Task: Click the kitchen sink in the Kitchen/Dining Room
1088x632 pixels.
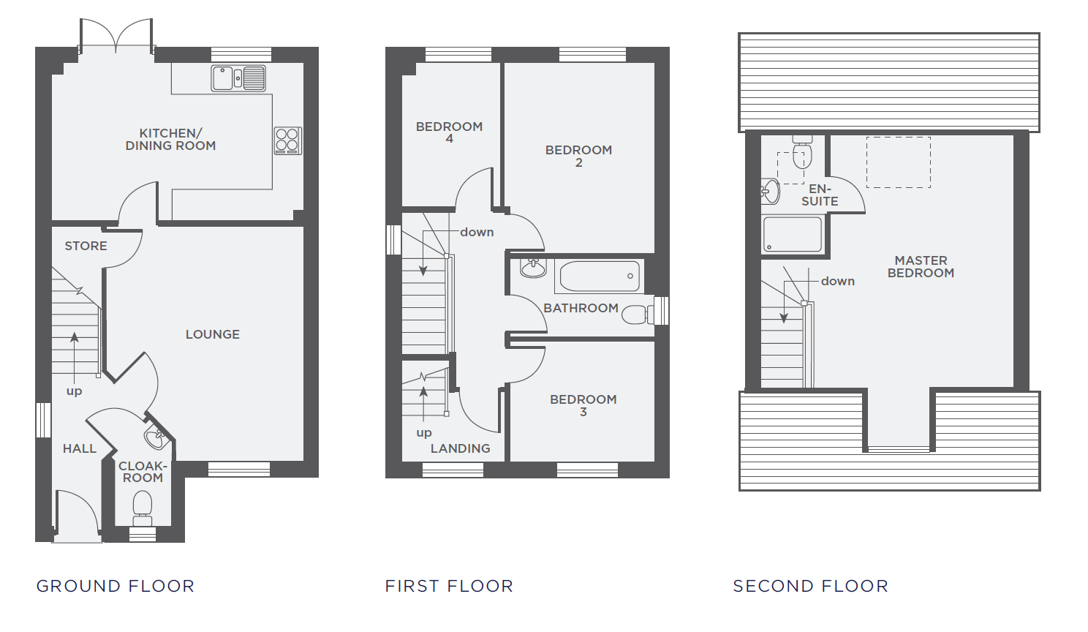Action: coord(238,78)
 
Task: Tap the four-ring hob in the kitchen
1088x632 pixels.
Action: coord(287,140)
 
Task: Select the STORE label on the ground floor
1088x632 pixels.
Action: coord(86,247)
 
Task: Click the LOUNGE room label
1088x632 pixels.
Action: coord(212,334)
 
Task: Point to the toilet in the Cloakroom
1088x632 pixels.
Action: coord(142,507)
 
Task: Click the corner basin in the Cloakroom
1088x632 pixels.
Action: coord(156,439)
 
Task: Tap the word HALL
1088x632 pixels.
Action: coord(79,449)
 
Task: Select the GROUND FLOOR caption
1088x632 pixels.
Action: coord(116,586)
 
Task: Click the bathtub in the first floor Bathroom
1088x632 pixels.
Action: coord(600,276)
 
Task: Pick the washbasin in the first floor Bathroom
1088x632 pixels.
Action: coord(533,268)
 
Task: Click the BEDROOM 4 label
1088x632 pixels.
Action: coord(449,132)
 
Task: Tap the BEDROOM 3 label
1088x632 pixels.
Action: coord(583,405)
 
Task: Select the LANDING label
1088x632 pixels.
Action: coord(460,449)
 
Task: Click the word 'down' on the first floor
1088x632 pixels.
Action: coord(477,233)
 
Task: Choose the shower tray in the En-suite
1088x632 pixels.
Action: coord(792,235)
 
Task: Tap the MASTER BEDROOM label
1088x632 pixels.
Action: coord(921,267)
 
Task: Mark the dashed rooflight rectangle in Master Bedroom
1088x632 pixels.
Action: coord(898,162)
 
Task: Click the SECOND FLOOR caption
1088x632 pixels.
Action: coord(810,586)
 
